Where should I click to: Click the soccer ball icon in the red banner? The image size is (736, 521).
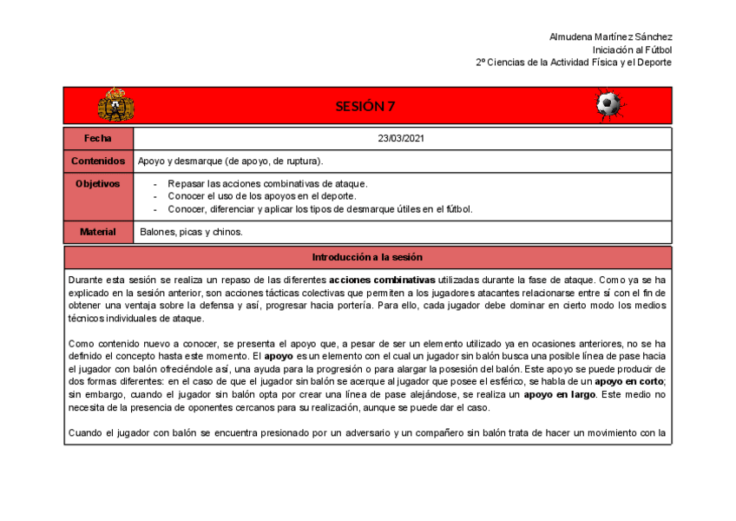tap(609, 105)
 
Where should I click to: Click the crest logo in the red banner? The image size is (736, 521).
tap(115, 105)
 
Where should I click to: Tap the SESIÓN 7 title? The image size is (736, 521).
tap(365, 106)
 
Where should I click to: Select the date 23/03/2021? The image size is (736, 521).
tap(401, 139)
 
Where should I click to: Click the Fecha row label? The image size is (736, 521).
tap(98, 139)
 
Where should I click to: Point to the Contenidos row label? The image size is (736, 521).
tap(98, 162)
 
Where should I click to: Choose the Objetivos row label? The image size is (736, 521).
tap(98, 184)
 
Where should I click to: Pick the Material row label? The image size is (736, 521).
tap(98, 232)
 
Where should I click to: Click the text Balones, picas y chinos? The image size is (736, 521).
tap(191, 232)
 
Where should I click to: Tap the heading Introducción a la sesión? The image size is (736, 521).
tap(367, 257)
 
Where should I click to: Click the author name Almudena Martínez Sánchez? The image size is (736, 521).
tap(611, 37)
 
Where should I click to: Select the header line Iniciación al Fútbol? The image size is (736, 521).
tap(632, 49)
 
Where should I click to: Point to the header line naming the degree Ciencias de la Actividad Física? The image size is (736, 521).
tap(574, 63)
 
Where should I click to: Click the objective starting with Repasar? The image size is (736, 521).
tap(267, 184)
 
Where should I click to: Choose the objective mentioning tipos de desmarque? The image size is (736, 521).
tap(319, 208)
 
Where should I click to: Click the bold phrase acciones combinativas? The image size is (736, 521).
tap(382, 280)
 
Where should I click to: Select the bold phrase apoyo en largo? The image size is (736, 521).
tap(559, 394)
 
